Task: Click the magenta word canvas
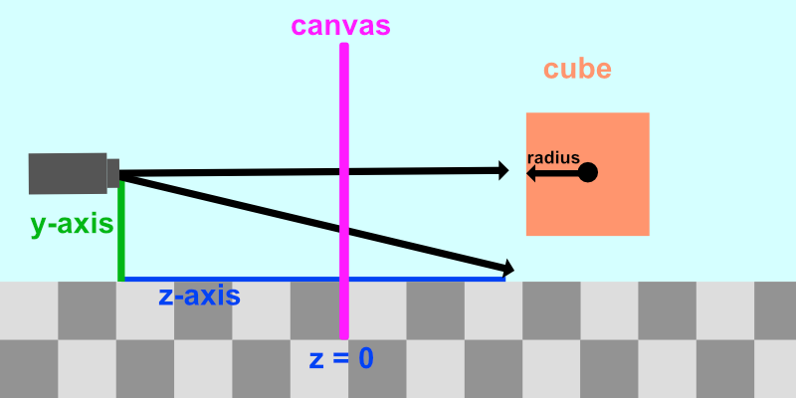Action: click(340, 26)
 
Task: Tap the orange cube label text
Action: click(577, 69)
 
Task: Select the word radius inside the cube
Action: click(553, 158)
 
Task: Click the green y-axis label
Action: click(72, 224)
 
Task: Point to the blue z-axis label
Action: click(200, 296)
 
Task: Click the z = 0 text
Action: click(341, 358)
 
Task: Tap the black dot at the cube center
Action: click(588, 172)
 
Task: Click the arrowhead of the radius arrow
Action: click(531, 173)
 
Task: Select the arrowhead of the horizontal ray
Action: click(503, 170)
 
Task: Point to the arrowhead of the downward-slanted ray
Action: click(509, 268)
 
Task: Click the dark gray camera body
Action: click(68, 173)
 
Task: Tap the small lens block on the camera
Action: click(113, 173)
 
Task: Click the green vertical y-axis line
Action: click(121, 230)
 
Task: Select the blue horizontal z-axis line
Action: click(314, 280)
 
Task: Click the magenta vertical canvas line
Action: click(344, 191)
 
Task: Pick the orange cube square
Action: click(588, 174)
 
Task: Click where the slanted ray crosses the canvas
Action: click(344, 231)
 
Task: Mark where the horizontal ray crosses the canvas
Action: click(344, 172)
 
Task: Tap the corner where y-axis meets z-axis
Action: click(121, 280)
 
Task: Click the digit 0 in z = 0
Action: click(366, 358)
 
